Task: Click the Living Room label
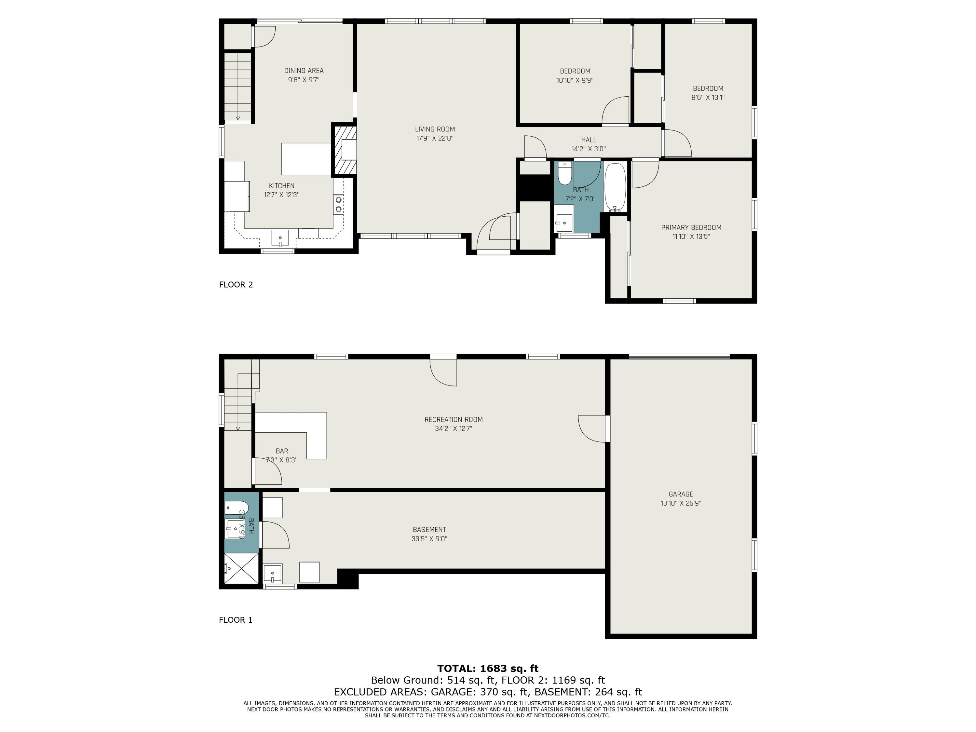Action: point(435,129)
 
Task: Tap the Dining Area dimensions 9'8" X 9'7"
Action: point(304,80)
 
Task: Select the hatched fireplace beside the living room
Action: point(345,150)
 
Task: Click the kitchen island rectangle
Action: point(306,159)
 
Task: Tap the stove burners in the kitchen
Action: point(338,204)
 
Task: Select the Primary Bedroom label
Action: point(691,228)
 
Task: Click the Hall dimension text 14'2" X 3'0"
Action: point(589,149)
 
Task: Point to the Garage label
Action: point(680,494)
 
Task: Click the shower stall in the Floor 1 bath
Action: point(241,568)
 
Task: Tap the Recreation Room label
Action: point(454,420)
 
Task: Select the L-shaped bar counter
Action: point(309,430)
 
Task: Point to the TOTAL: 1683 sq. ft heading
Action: point(488,669)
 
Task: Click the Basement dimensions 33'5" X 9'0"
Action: point(429,539)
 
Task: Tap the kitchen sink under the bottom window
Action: point(280,238)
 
